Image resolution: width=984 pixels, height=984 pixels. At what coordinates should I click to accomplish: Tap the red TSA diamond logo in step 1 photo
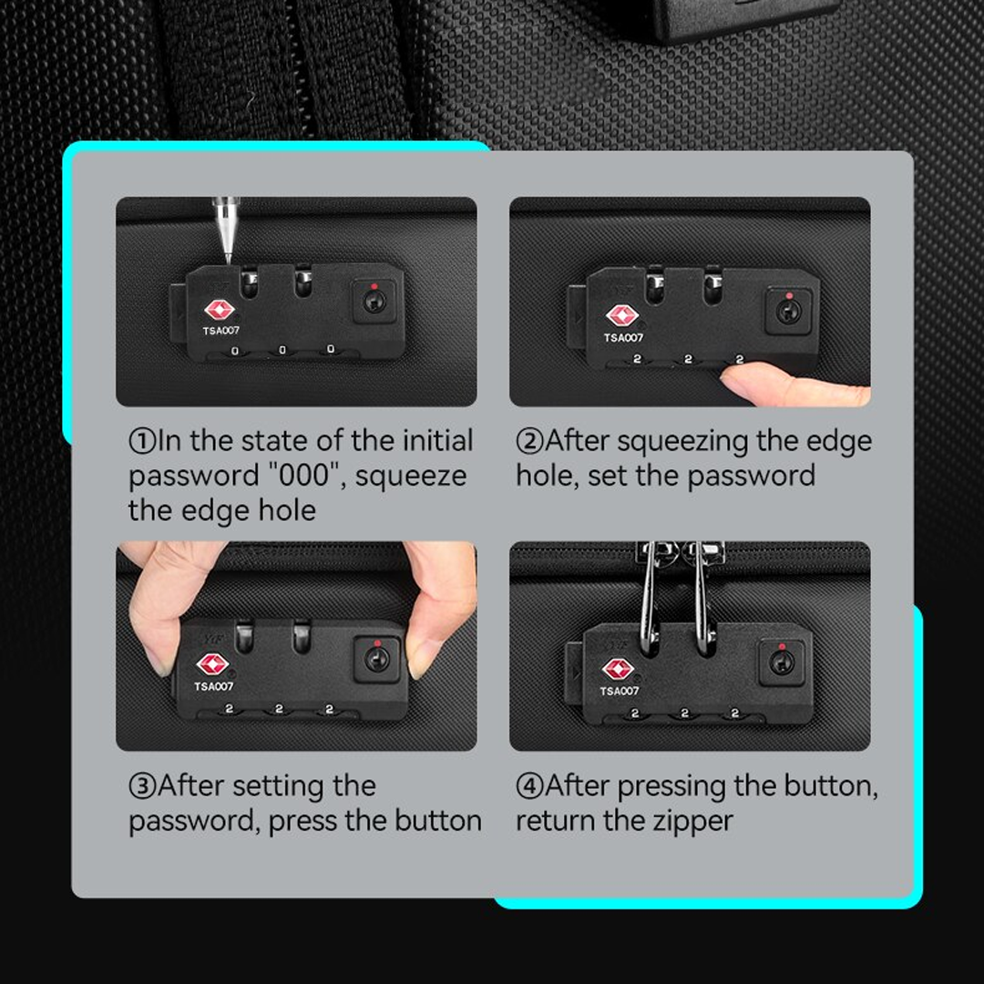tap(219, 310)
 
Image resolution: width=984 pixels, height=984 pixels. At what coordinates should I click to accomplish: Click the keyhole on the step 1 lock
tap(373, 302)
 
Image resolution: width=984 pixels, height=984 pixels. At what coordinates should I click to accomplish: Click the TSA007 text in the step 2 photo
tap(623, 338)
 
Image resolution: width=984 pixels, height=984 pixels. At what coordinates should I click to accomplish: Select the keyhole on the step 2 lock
tap(787, 312)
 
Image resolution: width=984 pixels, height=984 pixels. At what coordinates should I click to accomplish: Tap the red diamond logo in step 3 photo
tap(212, 664)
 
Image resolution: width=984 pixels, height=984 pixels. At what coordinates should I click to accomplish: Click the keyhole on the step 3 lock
tap(376, 660)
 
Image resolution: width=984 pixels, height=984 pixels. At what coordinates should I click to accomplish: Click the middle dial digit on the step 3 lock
tap(279, 709)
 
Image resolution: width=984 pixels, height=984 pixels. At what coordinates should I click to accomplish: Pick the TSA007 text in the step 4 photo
tap(619, 691)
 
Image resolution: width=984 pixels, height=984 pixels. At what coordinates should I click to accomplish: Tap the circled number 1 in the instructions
tap(142, 441)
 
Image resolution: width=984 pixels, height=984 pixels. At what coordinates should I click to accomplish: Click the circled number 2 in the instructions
tap(529, 441)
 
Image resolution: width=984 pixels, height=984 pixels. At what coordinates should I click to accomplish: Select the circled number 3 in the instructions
tap(142, 785)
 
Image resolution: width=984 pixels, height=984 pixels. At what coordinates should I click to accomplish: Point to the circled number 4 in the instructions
tap(529, 785)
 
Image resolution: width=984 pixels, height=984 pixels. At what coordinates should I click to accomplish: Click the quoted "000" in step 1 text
tap(304, 475)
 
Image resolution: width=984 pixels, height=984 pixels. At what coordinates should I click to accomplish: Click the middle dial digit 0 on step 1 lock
tap(282, 350)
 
